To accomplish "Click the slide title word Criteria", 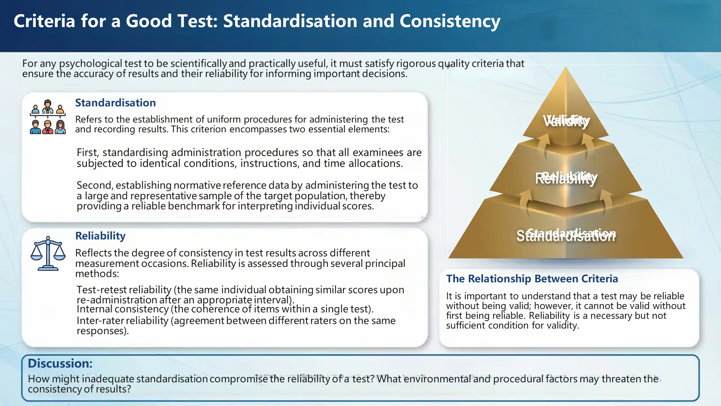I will coord(44,21).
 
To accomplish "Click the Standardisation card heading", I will coord(115,103).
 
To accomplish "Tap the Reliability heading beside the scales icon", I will coord(100,236).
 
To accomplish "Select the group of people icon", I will coord(48,117).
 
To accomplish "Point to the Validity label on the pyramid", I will coord(566,121).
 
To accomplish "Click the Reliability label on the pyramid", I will coord(566,177).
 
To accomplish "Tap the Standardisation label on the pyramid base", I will coord(566,235).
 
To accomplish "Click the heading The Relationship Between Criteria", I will coord(532,279).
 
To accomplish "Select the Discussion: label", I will coord(60,364).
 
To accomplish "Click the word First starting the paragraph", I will coord(87,153).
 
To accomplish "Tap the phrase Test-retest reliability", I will coord(124,290).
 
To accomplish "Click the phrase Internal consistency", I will coord(122,309).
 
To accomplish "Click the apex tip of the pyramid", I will coord(566,69).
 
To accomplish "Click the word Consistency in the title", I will coord(449,21).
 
